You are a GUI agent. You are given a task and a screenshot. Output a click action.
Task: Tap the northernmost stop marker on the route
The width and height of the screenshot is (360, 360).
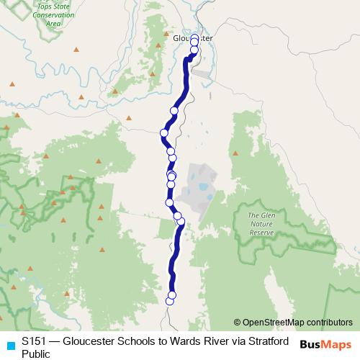click(x=194, y=41)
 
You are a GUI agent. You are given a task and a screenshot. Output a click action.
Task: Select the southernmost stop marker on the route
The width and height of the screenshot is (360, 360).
click(x=170, y=302)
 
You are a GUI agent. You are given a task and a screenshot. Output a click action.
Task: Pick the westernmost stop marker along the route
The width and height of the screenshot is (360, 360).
click(x=164, y=132)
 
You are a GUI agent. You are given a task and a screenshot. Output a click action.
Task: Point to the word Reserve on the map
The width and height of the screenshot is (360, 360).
click(x=261, y=233)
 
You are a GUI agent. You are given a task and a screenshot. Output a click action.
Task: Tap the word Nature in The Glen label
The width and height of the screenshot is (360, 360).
click(x=261, y=224)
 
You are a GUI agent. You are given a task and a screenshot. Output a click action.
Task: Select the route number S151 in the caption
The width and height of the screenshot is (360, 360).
click(x=34, y=341)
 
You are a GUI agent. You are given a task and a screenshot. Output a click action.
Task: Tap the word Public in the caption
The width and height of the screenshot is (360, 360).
click(x=36, y=354)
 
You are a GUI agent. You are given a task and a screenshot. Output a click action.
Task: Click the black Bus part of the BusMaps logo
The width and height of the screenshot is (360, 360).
click(x=311, y=344)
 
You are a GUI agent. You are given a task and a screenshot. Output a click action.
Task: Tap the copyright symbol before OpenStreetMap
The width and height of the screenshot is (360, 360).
click(x=238, y=323)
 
